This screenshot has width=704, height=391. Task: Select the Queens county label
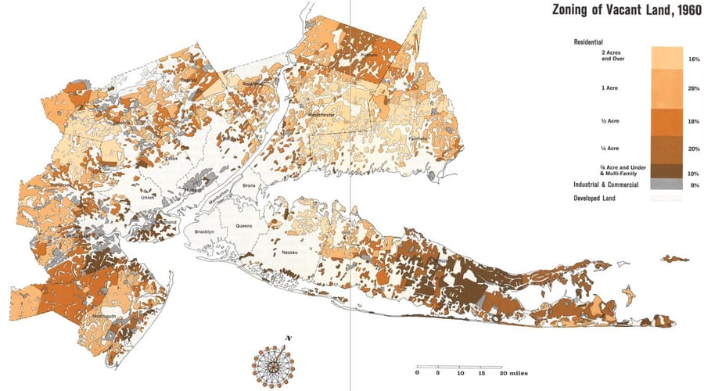click(244, 225)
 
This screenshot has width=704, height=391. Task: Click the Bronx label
click(249, 185)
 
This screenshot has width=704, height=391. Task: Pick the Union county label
click(146, 197)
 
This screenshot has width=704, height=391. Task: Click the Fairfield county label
click(418, 138)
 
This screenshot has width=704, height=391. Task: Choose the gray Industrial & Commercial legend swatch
click(667, 185)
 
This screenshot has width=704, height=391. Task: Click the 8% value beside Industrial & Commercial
click(694, 185)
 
